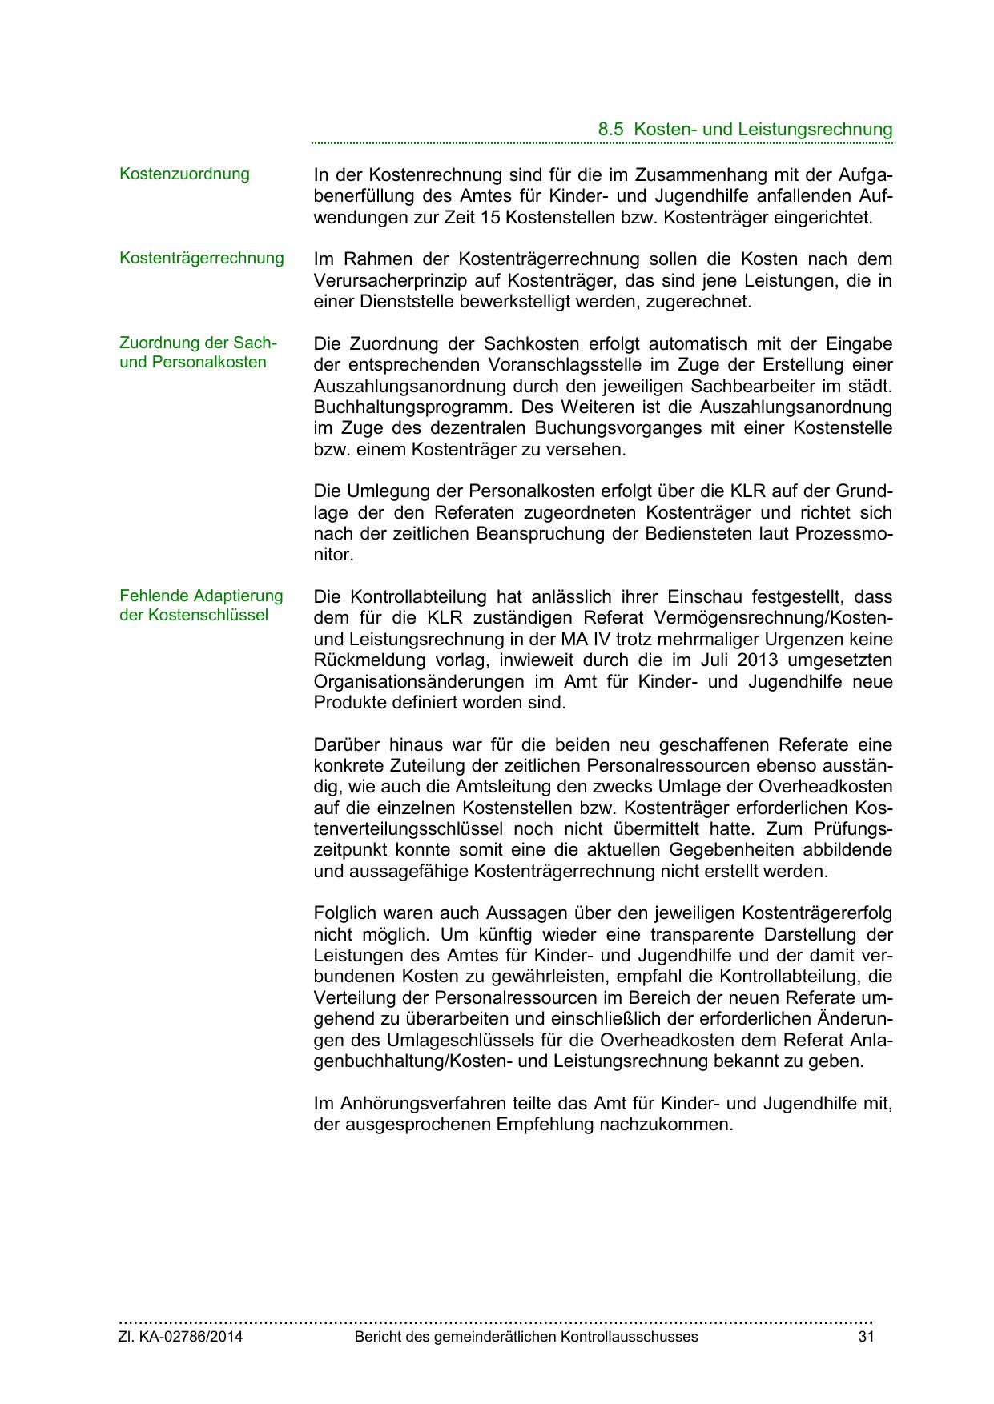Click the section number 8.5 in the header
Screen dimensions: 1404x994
[610, 130]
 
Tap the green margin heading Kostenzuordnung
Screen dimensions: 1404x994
[184, 174]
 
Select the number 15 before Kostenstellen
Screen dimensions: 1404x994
[493, 217]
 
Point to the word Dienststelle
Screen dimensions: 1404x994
[400, 302]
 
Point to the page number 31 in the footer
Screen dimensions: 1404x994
[865, 1337]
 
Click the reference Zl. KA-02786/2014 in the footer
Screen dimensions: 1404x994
[181, 1337]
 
